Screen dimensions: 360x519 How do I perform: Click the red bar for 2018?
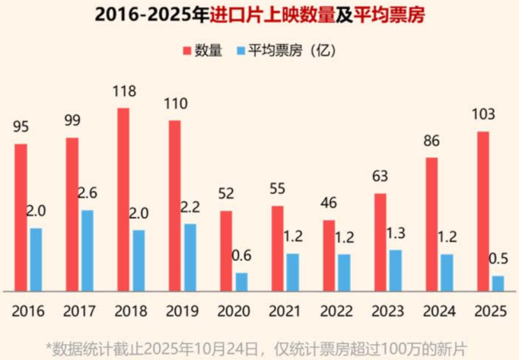tap(124, 200)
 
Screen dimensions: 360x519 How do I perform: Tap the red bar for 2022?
tap(329, 255)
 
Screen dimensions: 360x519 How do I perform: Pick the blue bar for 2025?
tap(498, 283)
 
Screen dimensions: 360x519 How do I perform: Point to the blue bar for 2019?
tap(189, 257)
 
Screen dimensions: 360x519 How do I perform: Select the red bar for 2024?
tap(431, 224)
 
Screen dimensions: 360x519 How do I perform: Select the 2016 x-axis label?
tap(29, 311)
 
